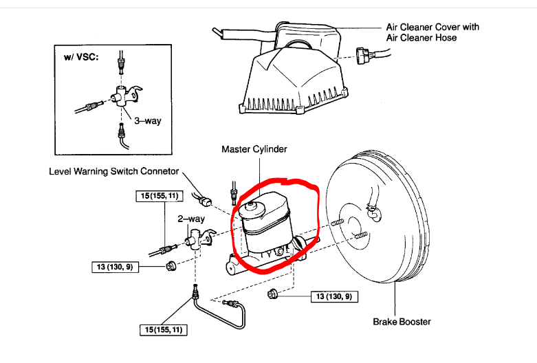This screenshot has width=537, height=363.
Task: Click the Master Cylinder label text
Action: [254, 148]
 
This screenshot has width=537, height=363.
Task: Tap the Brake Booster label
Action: [402, 321]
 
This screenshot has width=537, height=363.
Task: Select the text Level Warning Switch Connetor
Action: [114, 171]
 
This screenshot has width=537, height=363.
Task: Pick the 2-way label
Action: [192, 219]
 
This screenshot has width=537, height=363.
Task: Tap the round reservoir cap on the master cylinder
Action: [250, 206]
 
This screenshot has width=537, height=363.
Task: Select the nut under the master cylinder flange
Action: [273, 296]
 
